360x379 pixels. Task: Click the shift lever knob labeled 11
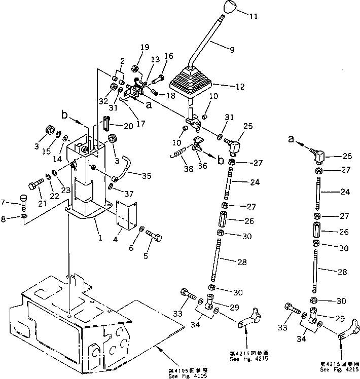[x=229, y=9]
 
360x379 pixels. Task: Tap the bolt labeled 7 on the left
[x=24, y=204]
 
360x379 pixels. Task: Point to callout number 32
[x=104, y=101]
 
